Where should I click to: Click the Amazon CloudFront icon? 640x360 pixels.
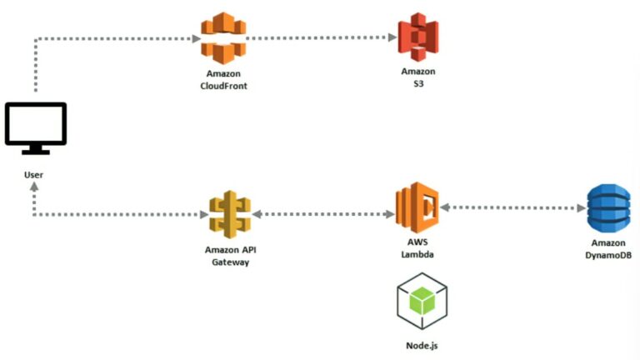click(223, 38)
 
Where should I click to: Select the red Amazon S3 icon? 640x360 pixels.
click(417, 38)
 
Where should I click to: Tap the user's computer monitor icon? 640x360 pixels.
click(35, 127)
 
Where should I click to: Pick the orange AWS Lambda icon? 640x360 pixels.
click(417, 208)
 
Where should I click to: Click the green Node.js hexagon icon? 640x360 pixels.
click(422, 302)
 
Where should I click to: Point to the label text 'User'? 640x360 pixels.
click(34, 175)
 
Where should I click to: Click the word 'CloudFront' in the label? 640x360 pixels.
click(224, 86)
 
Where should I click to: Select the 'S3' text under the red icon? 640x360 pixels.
click(417, 84)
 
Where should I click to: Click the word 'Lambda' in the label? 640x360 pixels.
click(417, 253)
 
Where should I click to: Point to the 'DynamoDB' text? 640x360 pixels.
click(607, 256)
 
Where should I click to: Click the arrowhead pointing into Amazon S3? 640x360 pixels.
click(392, 37)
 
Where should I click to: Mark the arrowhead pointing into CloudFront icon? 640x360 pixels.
click(196, 37)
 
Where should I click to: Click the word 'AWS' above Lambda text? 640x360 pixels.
click(417, 242)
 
